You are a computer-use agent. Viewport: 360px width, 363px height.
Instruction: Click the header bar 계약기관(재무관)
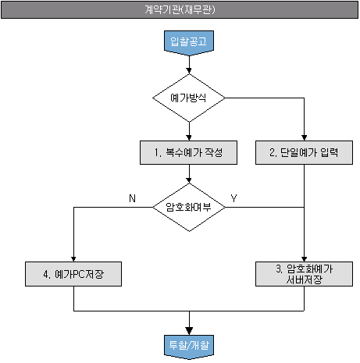tap(180, 10)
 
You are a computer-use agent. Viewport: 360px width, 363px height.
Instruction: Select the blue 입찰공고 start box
tap(189, 43)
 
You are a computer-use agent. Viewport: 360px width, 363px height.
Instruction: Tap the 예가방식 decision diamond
tap(189, 98)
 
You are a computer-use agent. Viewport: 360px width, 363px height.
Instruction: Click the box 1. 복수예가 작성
tap(188, 152)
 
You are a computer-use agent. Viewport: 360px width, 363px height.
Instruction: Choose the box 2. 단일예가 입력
tap(304, 152)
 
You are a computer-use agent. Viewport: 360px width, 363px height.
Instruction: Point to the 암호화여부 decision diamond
tap(189, 207)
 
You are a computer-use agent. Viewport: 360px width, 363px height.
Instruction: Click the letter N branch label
tap(132, 198)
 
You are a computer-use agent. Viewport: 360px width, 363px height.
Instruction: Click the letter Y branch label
tap(233, 198)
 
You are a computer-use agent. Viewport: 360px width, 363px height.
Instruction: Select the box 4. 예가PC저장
tap(73, 274)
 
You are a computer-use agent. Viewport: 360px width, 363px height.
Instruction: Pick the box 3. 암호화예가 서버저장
tap(304, 274)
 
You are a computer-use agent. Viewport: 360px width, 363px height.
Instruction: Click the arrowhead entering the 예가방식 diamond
tap(189, 71)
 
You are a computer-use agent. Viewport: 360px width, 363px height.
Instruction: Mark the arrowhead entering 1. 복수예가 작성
tap(189, 137)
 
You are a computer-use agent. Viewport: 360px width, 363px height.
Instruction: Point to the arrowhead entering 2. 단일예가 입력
tap(304, 137)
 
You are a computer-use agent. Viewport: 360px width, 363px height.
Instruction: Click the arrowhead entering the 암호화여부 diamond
tap(189, 180)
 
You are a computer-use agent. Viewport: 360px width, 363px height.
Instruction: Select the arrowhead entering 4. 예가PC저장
tap(73, 259)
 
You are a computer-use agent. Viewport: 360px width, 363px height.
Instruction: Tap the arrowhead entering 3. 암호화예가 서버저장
tap(304, 259)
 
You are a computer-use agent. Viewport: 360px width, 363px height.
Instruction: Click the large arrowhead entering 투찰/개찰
tap(189, 331)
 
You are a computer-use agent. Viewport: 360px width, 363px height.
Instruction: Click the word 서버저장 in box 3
tap(304, 279)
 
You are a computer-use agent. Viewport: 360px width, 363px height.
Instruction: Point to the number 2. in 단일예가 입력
tap(273, 152)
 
